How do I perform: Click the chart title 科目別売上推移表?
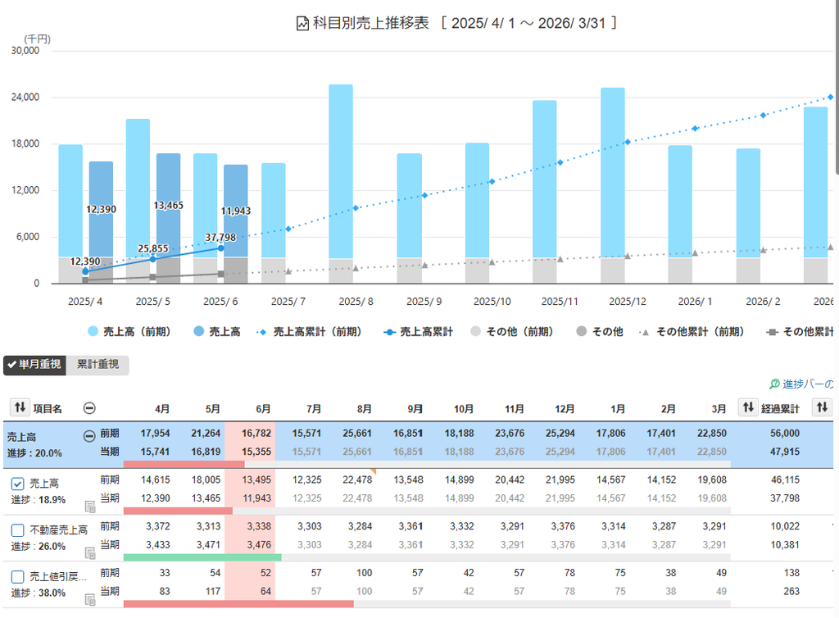click(371, 23)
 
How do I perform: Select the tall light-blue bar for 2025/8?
click(341, 171)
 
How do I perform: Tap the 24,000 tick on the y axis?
click(25, 97)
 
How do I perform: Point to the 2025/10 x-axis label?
click(492, 302)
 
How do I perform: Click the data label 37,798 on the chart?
click(220, 237)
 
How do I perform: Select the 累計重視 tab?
click(98, 365)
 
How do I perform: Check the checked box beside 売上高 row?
click(18, 484)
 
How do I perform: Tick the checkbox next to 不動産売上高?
click(18, 530)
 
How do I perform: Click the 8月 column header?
click(364, 409)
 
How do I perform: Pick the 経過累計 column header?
click(780, 409)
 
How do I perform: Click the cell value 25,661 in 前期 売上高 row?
click(357, 433)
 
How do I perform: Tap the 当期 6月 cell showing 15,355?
click(256, 452)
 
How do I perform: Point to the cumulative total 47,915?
click(785, 452)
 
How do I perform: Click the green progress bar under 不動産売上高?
click(202, 557)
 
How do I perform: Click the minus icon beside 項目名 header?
click(89, 408)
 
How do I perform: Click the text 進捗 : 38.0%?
click(39, 593)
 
